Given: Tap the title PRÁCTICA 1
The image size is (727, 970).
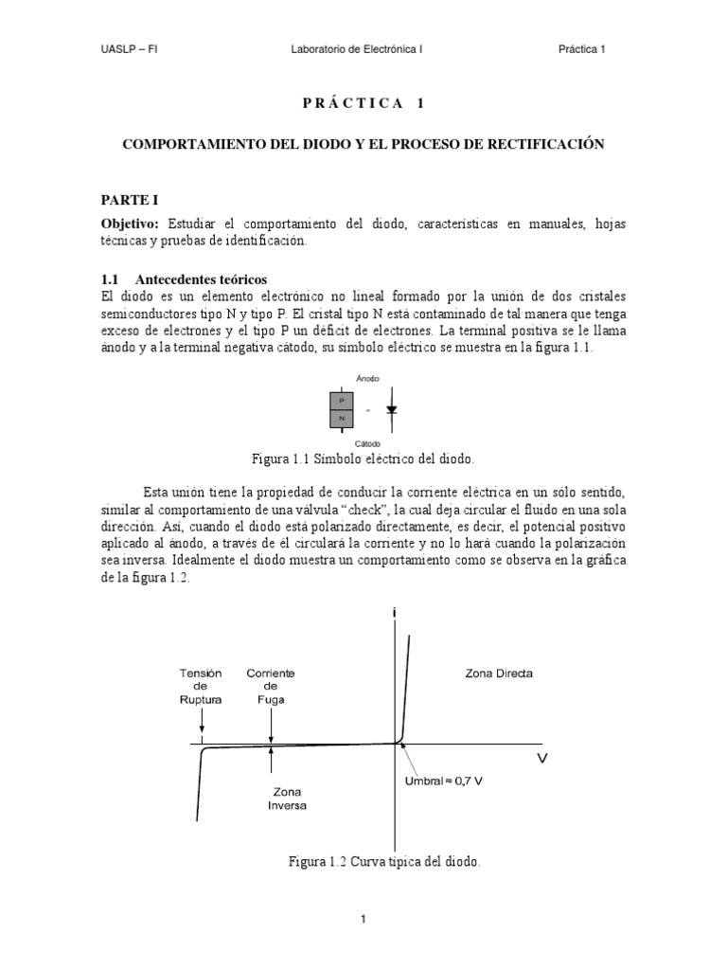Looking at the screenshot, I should (x=363, y=102).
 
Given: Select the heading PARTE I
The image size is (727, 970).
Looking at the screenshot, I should (x=131, y=200).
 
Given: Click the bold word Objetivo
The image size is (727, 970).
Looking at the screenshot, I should (x=132, y=224).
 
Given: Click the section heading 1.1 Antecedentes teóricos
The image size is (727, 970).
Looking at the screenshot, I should (x=185, y=280).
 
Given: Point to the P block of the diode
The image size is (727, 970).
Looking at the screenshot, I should (x=341, y=401).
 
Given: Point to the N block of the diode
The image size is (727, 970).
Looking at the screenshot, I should (x=341, y=418).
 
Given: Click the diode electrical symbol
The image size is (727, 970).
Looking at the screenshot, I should (x=391, y=410).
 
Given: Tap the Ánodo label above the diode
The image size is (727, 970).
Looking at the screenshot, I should (x=366, y=378).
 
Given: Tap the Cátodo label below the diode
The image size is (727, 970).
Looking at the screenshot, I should (x=366, y=442).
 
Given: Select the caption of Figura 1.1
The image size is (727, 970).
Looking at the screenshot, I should (x=363, y=459).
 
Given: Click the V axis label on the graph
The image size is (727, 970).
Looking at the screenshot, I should (x=543, y=758).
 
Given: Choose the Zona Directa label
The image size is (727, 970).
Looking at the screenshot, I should (x=499, y=674).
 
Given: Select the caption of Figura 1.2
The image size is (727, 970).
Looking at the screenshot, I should (x=384, y=862).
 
